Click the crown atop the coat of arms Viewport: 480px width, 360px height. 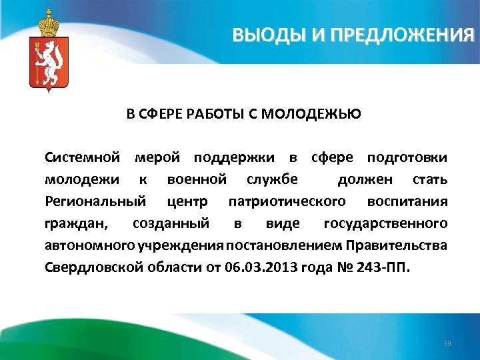48,23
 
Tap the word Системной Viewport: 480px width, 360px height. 82,158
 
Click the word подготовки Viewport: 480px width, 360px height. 407,158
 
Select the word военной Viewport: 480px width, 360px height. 197,179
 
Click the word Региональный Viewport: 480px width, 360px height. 95,201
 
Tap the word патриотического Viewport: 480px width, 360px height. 287,201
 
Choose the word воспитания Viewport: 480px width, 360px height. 407,201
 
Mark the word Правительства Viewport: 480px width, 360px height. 397,244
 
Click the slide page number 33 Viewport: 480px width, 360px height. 447,343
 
